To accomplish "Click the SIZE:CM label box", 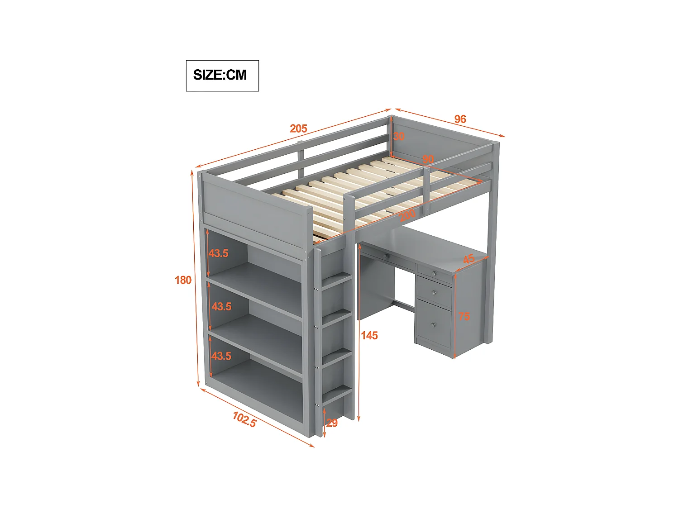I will tap(222, 76).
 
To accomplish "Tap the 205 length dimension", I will tap(299, 129).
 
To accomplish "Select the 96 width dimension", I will tap(460, 119).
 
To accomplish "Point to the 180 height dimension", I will tap(183, 281).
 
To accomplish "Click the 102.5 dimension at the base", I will tap(244, 420).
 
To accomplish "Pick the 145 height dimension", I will tap(369, 336).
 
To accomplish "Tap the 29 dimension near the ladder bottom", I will tap(332, 423).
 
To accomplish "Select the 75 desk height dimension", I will tap(464, 317).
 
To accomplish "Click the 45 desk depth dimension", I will tap(469, 259).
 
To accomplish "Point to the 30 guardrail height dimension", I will tap(399, 136).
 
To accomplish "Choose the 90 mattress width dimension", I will tap(428, 159).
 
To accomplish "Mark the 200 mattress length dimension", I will tap(407, 215).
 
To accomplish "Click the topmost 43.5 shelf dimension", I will tap(219, 253).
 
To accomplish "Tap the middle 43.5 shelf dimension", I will tap(221, 307).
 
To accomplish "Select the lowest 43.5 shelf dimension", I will tap(221, 357).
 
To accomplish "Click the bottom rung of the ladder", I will tap(337, 395).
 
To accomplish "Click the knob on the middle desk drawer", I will tap(434, 293).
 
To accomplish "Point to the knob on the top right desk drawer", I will tap(434, 274).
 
